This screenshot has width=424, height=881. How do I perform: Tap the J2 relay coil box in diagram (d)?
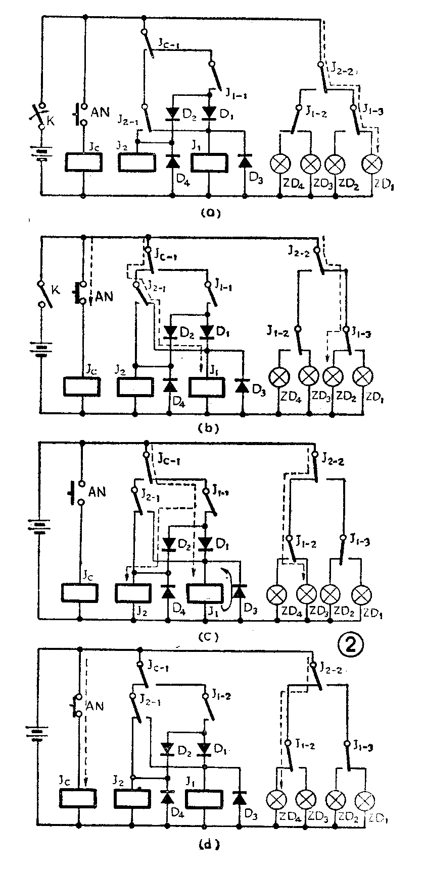point(132,798)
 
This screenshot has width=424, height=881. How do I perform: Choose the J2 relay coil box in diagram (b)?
point(135,387)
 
